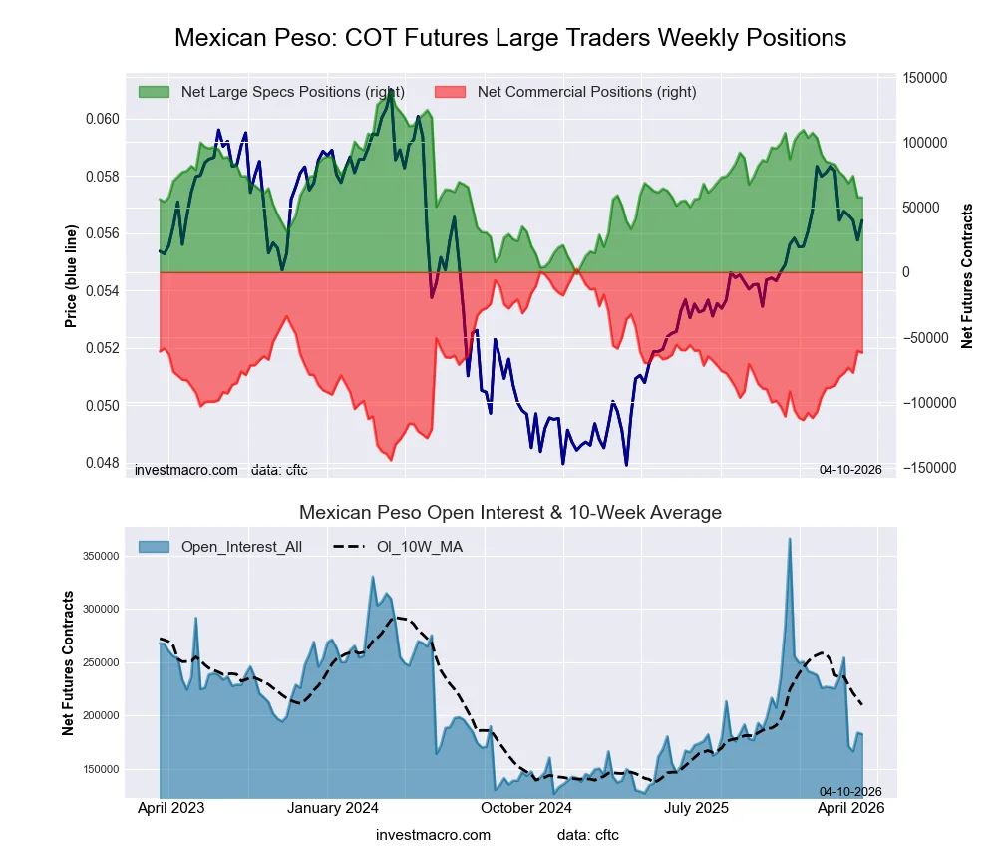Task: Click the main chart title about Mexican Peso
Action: pyautogui.click(x=509, y=38)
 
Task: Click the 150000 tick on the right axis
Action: pyautogui.click(x=924, y=78)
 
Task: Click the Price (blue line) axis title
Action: pyautogui.click(x=71, y=276)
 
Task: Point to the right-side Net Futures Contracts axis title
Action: pyautogui.click(x=966, y=276)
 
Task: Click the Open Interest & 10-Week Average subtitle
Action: pyautogui.click(x=509, y=513)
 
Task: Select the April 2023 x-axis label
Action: pyautogui.click(x=169, y=808)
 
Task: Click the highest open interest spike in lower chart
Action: pyautogui.click(x=790, y=539)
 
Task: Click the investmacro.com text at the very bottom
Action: pyautogui.click(x=433, y=835)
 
